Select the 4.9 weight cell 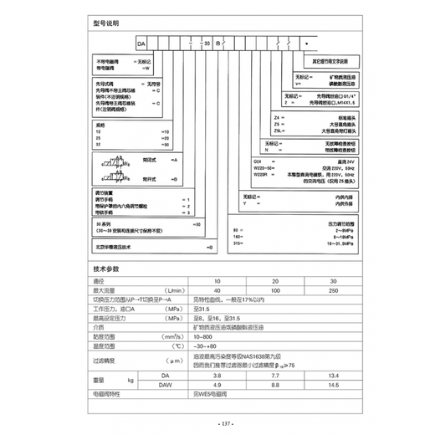[218, 386]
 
